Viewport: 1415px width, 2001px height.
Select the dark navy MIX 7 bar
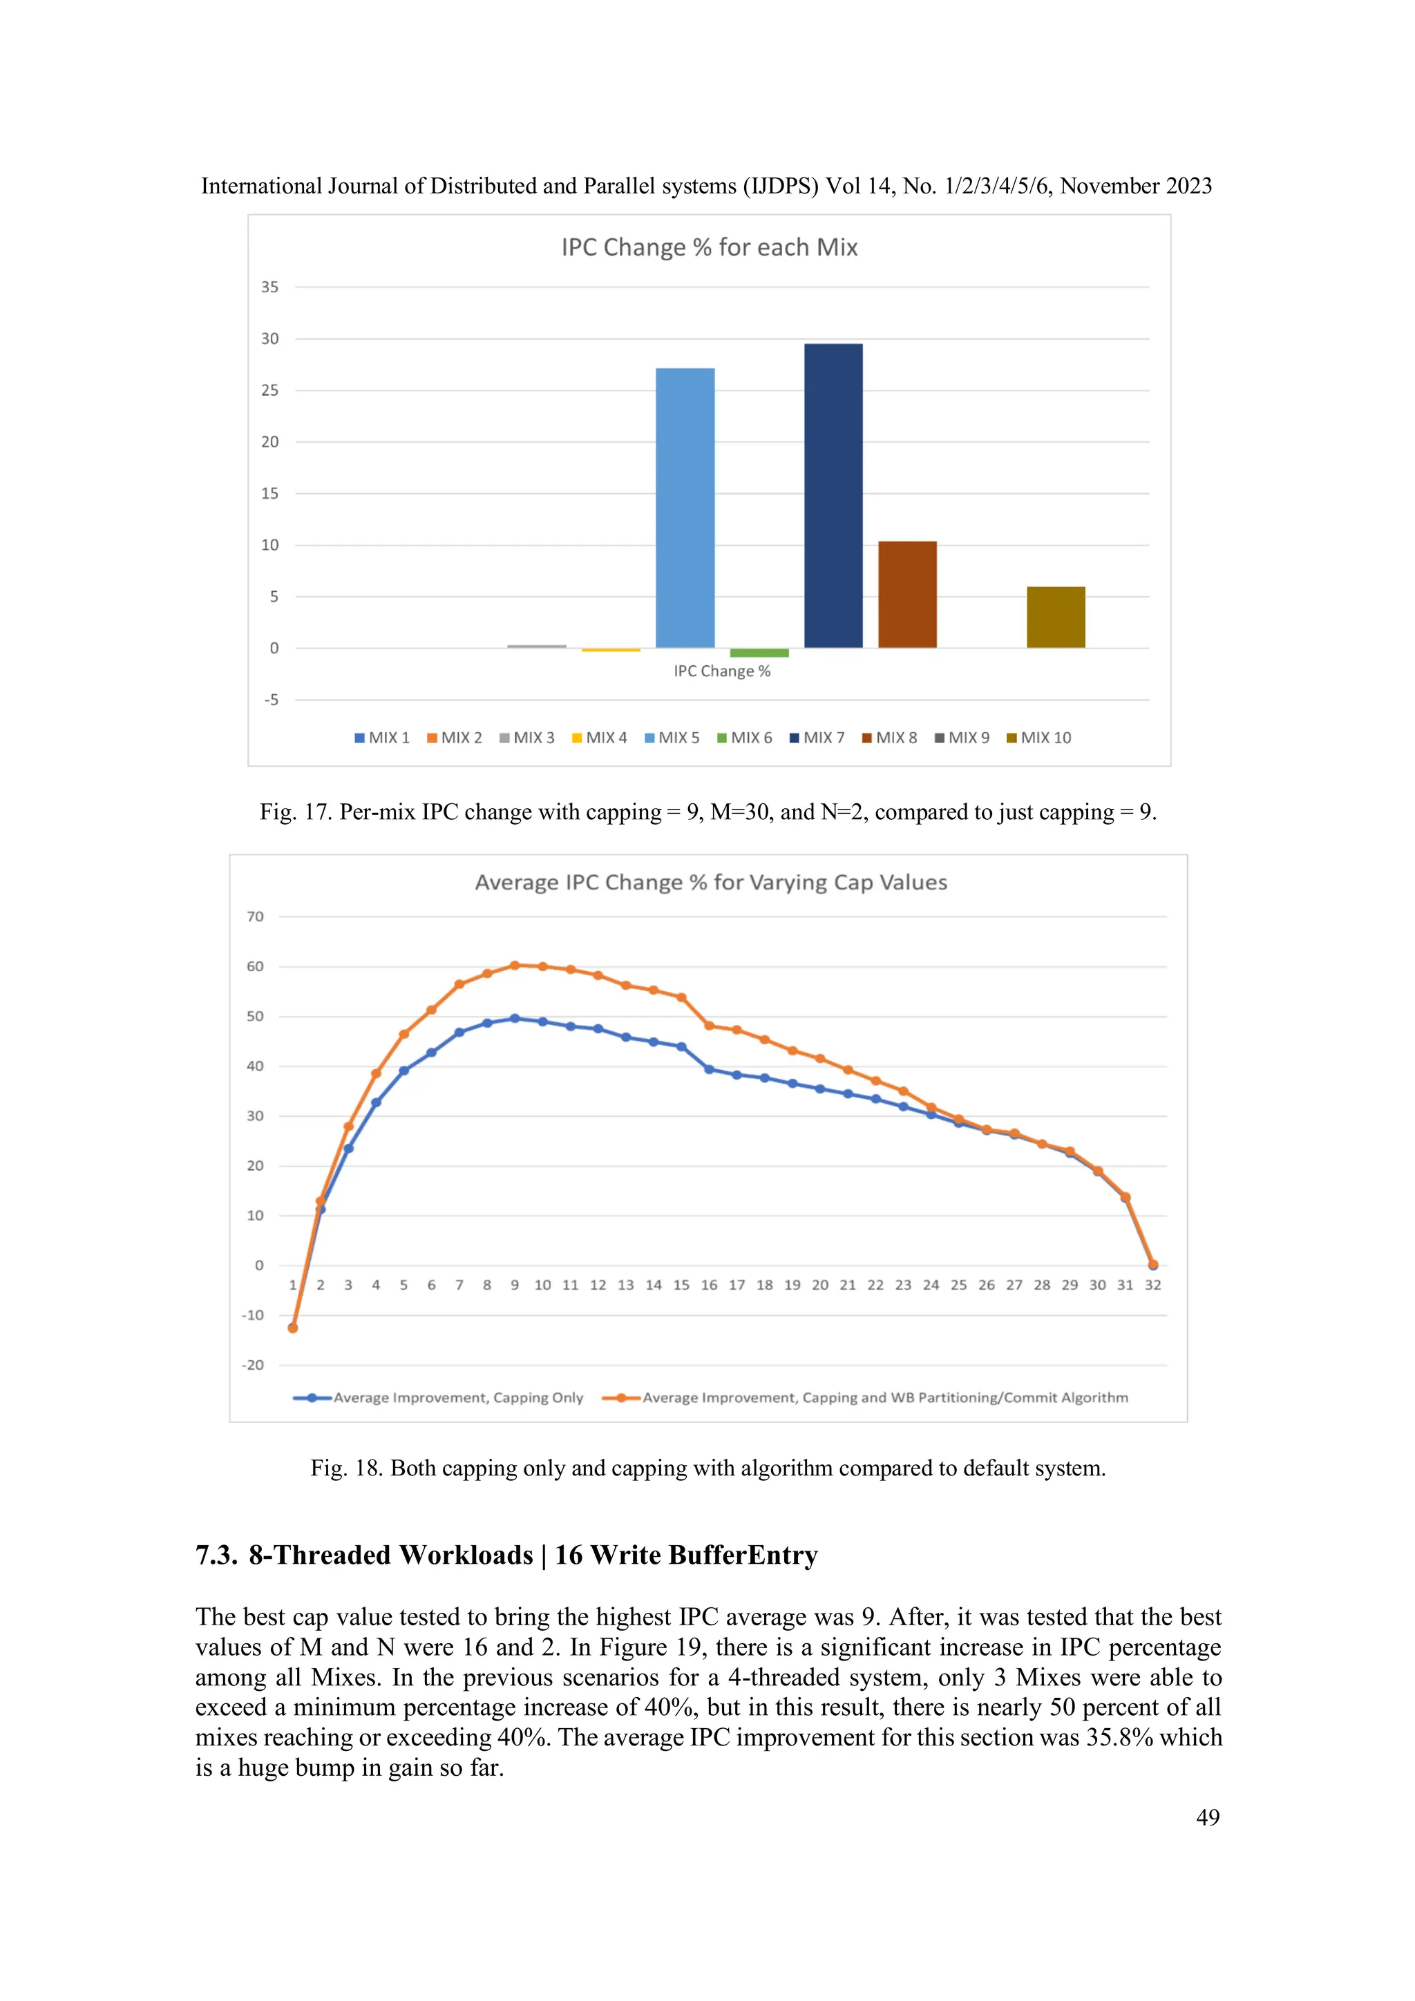[833, 495]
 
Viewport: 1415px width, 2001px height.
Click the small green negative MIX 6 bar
[759, 653]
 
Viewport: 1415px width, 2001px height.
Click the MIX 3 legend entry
[526, 737]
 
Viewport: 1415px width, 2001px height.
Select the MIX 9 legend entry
[962, 737]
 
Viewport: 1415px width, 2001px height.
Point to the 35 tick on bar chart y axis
[269, 287]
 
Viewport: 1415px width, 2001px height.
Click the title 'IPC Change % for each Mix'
[709, 247]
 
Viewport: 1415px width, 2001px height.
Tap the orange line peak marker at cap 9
[514, 965]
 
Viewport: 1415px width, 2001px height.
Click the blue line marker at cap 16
[709, 1069]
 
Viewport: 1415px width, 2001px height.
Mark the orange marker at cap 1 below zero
[293, 1328]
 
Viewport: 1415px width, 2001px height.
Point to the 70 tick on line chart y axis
[254, 917]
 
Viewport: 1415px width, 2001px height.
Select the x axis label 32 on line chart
[1152, 1285]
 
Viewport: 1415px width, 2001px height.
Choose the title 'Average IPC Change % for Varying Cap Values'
[710, 882]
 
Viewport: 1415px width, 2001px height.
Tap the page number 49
[1208, 1817]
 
